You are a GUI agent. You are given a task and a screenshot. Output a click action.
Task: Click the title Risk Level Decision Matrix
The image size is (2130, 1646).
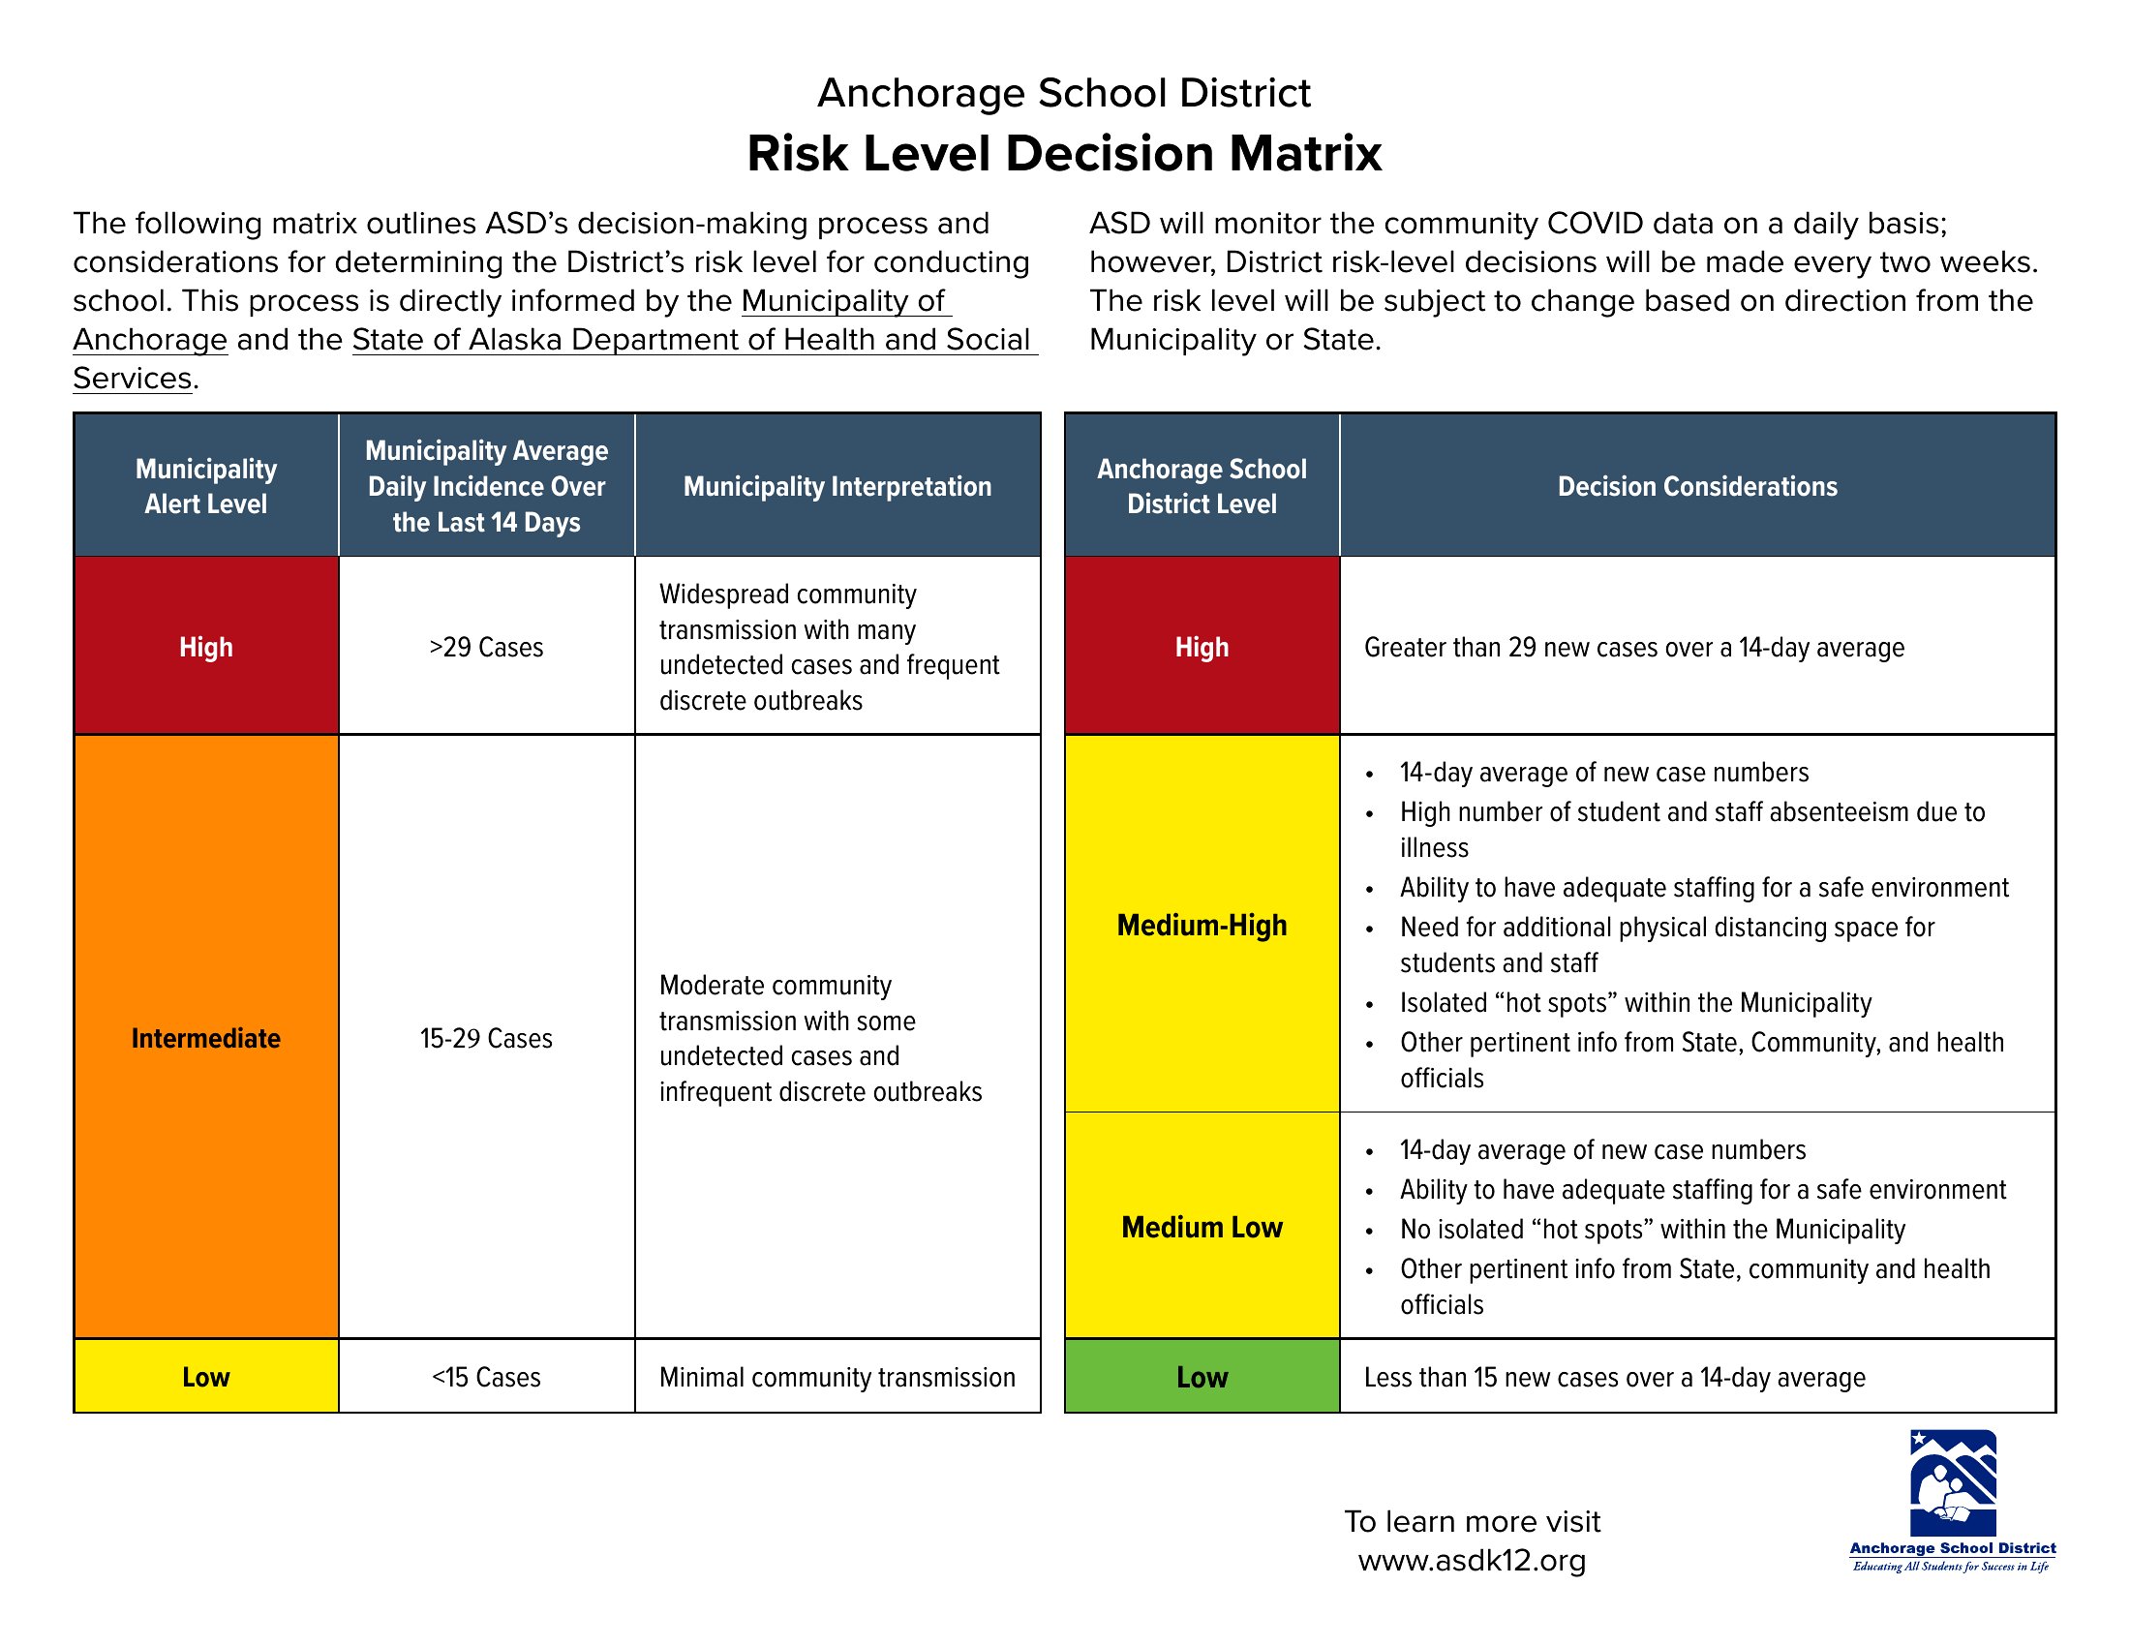(x=1064, y=153)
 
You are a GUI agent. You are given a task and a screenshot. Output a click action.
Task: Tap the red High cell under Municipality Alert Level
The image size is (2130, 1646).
(x=206, y=647)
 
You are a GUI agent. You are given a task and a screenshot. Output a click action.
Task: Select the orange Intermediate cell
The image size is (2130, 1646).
(x=206, y=1038)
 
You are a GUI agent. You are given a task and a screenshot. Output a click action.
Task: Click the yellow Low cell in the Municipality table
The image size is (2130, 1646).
(x=206, y=1377)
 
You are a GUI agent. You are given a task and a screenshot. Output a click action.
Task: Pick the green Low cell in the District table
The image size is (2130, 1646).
(x=1202, y=1377)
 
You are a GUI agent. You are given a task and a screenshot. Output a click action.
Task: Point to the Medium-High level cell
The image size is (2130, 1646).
(x=1202, y=925)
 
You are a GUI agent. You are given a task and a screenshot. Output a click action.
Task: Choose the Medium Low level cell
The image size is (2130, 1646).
(x=1202, y=1227)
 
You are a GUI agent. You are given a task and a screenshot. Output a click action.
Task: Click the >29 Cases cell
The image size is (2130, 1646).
(x=486, y=647)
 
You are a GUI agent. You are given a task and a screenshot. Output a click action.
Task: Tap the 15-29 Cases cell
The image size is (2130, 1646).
(x=486, y=1038)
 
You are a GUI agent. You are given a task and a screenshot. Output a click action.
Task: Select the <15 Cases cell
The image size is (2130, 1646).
(x=486, y=1377)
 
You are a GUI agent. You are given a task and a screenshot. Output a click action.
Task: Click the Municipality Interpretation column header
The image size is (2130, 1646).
(x=837, y=486)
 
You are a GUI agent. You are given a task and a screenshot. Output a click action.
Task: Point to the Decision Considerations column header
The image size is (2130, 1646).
(x=1697, y=486)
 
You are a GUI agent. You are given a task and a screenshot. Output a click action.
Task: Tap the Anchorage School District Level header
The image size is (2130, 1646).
(x=1202, y=486)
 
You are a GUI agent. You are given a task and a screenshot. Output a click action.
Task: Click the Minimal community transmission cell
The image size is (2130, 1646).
(x=837, y=1377)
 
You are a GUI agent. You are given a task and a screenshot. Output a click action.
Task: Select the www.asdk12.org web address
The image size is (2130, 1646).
(x=1472, y=1560)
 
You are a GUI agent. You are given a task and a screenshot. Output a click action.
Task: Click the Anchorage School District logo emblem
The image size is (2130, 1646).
(x=1953, y=1482)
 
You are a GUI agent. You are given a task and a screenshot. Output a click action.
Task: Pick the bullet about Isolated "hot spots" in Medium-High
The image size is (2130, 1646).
(x=1635, y=1002)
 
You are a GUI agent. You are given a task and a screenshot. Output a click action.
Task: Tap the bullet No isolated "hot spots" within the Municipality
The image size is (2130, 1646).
(x=1652, y=1229)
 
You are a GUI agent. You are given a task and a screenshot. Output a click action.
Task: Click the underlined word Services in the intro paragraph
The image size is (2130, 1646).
(x=133, y=378)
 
